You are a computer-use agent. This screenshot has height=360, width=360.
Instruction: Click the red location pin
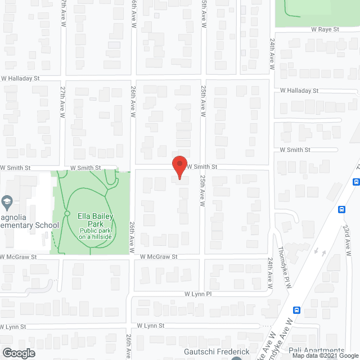tap(179, 167)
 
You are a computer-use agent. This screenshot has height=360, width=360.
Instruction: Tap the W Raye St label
tap(326, 29)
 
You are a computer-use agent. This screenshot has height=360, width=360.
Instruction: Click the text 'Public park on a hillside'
tap(97, 233)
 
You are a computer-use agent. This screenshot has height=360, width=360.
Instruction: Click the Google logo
tap(18, 353)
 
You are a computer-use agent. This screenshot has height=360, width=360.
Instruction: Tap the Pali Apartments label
tap(316, 351)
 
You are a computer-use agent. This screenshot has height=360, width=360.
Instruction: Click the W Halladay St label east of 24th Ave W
tap(299, 91)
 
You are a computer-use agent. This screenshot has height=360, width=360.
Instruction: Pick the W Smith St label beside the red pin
tap(202, 167)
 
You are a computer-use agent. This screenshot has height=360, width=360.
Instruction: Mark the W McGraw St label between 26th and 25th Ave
tap(159, 256)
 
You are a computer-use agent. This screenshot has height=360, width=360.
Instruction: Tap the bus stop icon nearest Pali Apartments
tap(296, 310)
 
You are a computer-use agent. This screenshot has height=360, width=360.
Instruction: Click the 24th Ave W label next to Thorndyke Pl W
tap(270, 273)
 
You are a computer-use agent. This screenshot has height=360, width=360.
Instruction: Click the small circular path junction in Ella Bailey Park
tap(67, 213)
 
